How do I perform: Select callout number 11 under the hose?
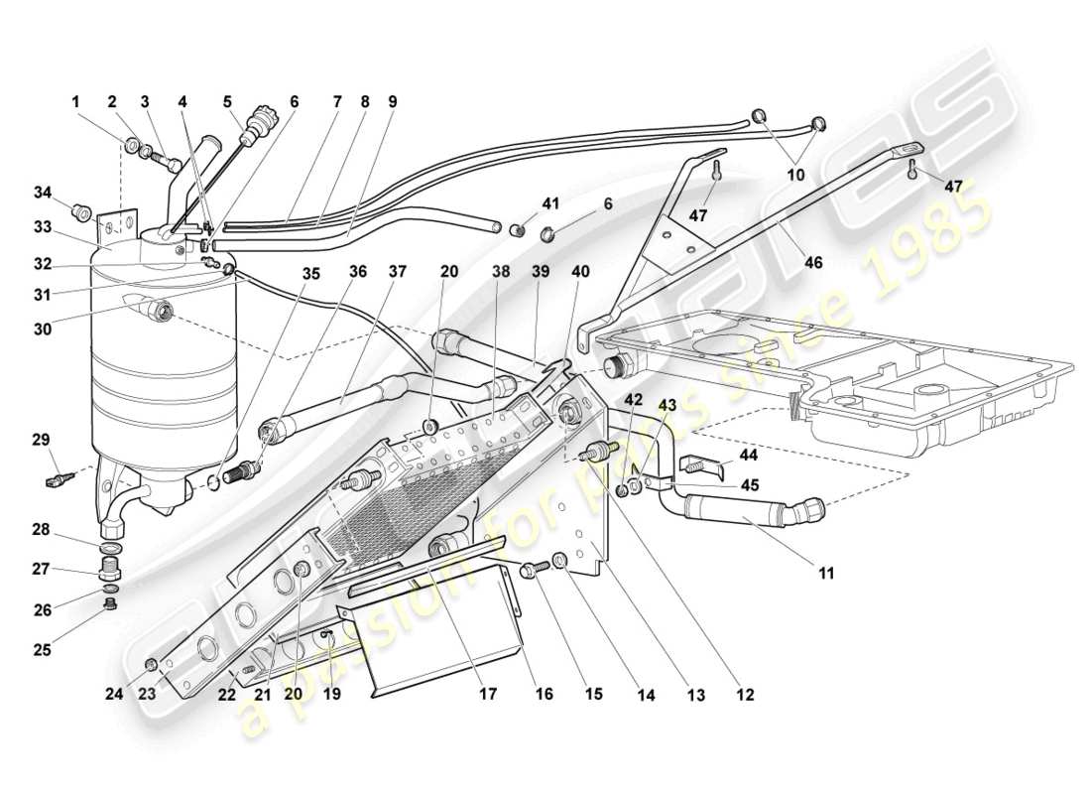point(826,573)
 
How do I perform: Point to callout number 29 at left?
point(40,439)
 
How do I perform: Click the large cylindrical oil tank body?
point(164,367)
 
